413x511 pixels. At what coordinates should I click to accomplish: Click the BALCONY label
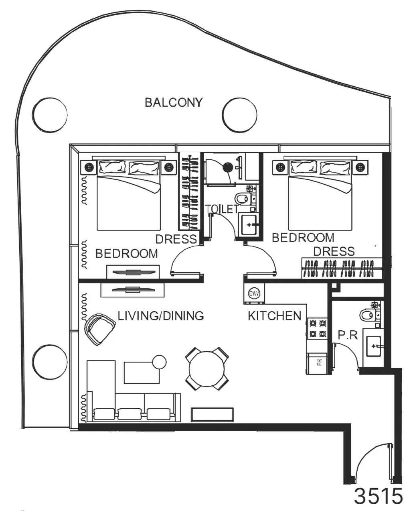point(174,102)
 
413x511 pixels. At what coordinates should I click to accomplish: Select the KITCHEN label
point(275,316)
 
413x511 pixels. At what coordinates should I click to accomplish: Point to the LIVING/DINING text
point(161,316)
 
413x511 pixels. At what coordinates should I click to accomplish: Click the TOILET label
point(222,209)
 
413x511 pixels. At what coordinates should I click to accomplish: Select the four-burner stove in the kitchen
point(317,328)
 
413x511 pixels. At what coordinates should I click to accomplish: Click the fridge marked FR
point(317,363)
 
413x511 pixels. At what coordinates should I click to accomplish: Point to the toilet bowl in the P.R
point(368,315)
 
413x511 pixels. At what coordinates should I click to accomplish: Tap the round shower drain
point(228,167)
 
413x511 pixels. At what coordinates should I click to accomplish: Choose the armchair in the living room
point(99,328)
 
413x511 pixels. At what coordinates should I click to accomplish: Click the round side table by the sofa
point(159,362)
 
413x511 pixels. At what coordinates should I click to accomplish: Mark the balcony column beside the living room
point(50,362)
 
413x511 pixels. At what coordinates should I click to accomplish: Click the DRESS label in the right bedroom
point(334,251)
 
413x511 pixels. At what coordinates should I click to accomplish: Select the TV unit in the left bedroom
point(133,272)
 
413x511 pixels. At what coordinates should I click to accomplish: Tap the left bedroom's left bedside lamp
point(89,167)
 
